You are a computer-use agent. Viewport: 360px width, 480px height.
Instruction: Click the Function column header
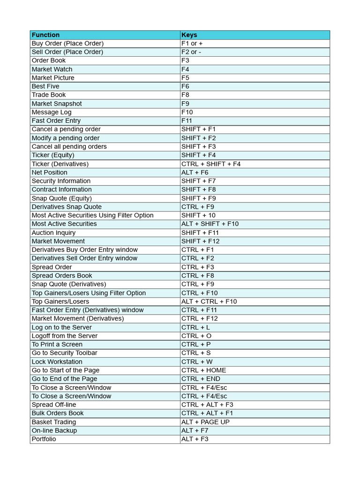[x=45, y=35]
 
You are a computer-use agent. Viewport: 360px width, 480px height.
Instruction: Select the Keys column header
[x=189, y=35]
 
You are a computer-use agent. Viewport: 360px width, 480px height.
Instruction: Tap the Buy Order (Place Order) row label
[x=67, y=43]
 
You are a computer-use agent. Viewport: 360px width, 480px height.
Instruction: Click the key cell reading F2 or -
[x=191, y=52]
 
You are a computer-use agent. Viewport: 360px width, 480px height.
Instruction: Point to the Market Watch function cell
[x=52, y=69]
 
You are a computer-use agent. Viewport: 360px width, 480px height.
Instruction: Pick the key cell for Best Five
[x=186, y=86]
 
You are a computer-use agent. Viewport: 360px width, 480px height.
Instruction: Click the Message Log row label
[x=52, y=112]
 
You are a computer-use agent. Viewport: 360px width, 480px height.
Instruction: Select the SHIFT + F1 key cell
[x=199, y=129]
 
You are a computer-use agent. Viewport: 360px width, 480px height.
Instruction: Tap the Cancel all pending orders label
[x=69, y=146]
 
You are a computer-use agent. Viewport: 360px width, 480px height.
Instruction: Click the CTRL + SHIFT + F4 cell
[x=211, y=164]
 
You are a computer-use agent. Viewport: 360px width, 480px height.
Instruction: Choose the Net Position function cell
[x=50, y=172]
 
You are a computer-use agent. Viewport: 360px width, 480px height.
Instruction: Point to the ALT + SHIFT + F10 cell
[x=210, y=224]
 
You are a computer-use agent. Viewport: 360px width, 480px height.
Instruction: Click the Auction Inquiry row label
[x=53, y=232]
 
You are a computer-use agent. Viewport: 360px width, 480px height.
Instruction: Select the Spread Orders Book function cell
[x=62, y=276]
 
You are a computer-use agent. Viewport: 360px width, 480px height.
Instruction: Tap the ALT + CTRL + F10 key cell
[x=209, y=301]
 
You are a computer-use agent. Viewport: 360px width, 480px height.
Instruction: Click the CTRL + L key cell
[x=195, y=327]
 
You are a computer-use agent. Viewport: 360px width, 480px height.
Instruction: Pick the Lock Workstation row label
[x=57, y=362]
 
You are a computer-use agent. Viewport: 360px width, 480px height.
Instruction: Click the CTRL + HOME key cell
[x=204, y=370]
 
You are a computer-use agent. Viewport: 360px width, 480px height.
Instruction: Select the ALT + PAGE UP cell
[x=205, y=422]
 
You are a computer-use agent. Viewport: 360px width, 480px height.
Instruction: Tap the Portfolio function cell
[x=44, y=439]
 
